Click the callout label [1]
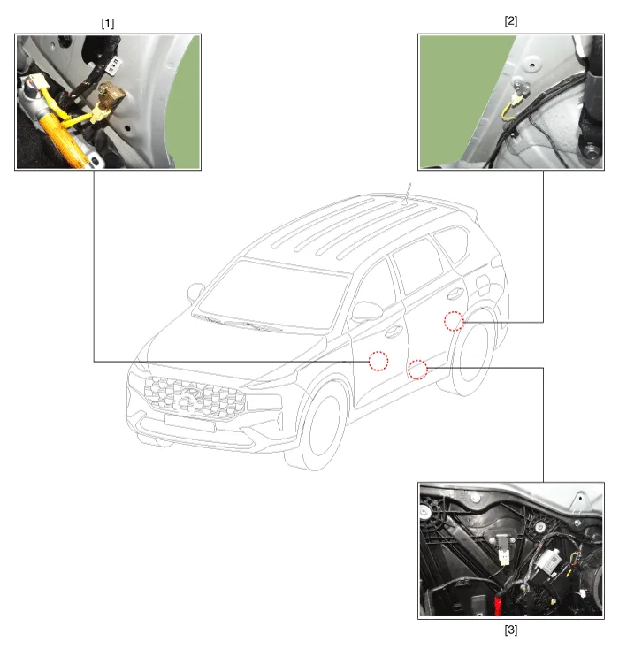[x=108, y=23]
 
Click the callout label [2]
[x=510, y=20]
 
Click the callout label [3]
[x=510, y=630]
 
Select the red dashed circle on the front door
[x=378, y=361]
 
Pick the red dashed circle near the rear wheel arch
[x=454, y=321]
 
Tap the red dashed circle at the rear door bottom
[x=417, y=370]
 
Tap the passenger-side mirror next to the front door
[x=367, y=311]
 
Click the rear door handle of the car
[x=455, y=294]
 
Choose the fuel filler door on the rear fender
[x=482, y=284]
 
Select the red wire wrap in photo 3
[x=498, y=604]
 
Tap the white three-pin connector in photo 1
[x=113, y=65]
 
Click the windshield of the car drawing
[x=273, y=294]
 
